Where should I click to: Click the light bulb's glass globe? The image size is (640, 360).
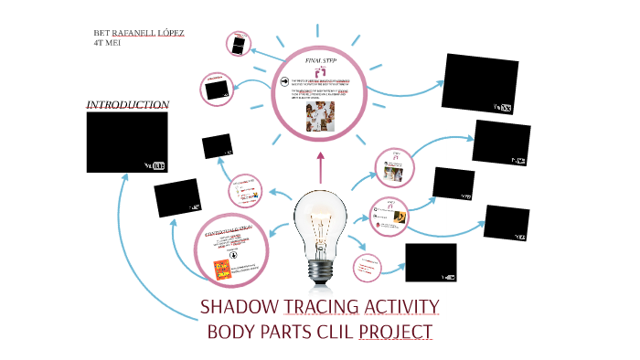(x=321, y=220)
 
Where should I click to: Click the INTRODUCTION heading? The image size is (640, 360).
(x=127, y=105)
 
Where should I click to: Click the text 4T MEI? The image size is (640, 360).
(x=107, y=43)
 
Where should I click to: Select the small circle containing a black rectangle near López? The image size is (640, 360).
(x=239, y=43)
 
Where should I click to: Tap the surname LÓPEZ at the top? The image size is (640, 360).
(x=171, y=33)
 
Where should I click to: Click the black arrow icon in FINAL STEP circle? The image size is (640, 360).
(x=284, y=82)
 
